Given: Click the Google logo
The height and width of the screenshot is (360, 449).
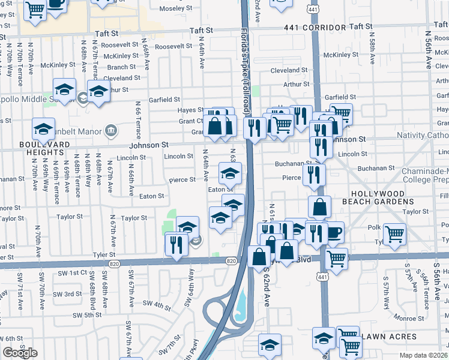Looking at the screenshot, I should (20, 353).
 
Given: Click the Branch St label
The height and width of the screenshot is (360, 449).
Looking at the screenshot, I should (121, 67).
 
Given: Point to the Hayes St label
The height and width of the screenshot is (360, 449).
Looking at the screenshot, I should (187, 110).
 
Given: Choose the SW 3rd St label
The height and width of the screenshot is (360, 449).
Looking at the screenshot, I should (67, 294).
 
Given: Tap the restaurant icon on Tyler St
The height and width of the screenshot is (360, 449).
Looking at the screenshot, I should (176, 244).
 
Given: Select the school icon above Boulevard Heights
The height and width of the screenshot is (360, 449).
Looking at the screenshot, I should (43, 128).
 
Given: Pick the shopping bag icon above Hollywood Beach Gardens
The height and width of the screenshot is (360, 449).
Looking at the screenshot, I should (320, 206).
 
